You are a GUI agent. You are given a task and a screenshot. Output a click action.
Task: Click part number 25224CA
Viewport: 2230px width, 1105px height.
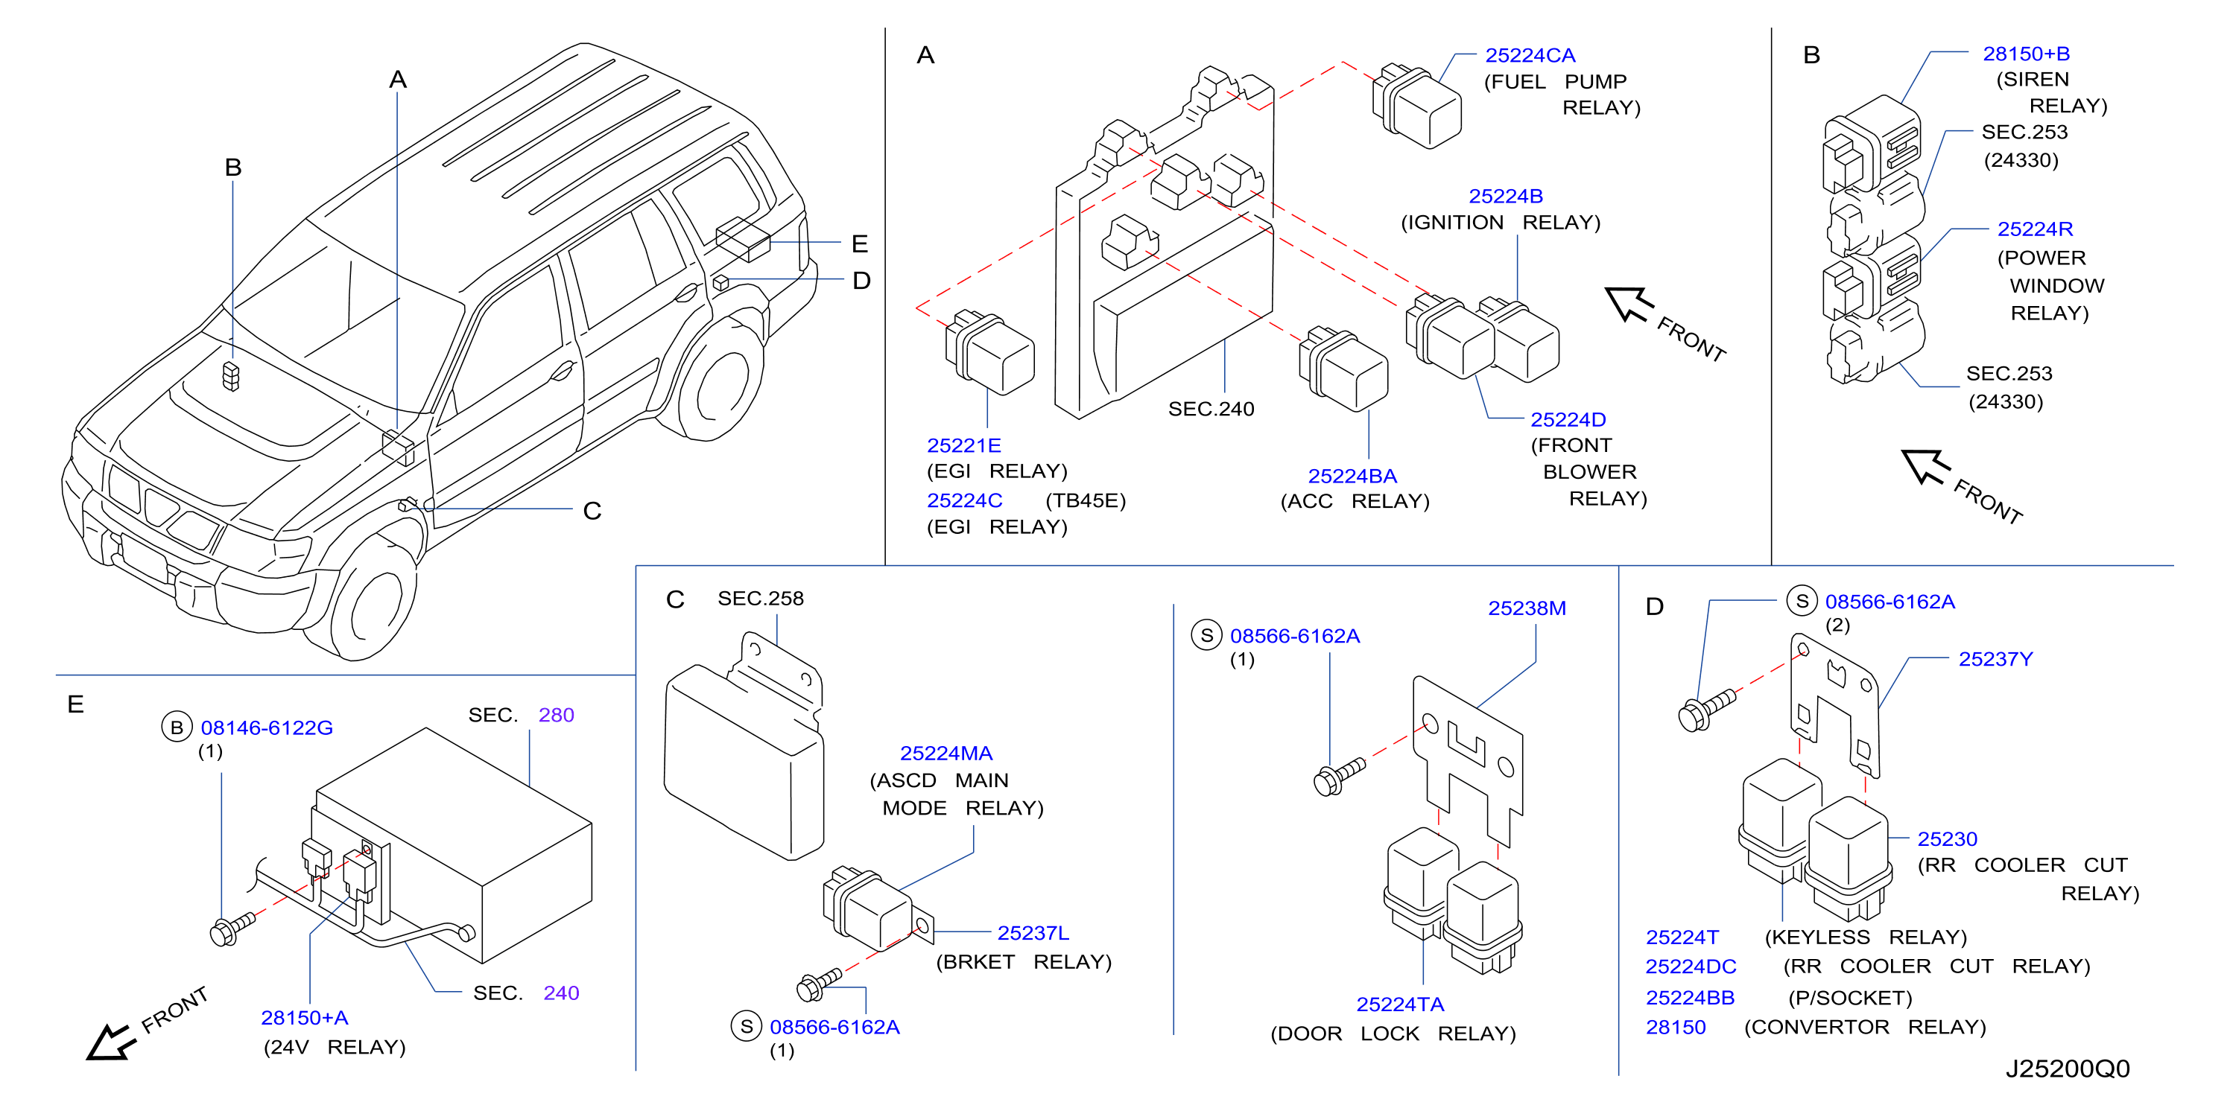pyautogui.click(x=1530, y=55)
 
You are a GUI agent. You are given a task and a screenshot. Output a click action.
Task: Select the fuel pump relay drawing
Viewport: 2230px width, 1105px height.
pyautogui.click(x=1416, y=105)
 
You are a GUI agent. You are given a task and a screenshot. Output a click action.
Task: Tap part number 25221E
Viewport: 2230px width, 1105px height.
pyautogui.click(x=963, y=445)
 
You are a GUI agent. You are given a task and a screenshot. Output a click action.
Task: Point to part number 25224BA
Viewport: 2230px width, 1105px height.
pyautogui.click(x=1352, y=476)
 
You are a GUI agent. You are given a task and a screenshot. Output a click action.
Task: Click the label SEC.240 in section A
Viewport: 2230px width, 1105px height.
pyautogui.click(x=1211, y=409)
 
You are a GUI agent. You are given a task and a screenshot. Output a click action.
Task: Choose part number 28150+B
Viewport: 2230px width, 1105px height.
pyautogui.click(x=2026, y=54)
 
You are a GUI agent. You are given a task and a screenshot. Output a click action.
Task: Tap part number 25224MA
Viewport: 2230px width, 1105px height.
pyautogui.click(x=945, y=754)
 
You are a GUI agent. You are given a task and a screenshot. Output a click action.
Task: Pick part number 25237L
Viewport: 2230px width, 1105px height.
pyautogui.click(x=1033, y=933)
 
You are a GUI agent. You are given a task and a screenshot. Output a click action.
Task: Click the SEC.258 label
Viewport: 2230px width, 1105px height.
pyautogui.click(x=760, y=599)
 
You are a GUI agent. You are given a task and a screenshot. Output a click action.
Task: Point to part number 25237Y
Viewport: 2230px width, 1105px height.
pyautogui.click(x=1995, y=660)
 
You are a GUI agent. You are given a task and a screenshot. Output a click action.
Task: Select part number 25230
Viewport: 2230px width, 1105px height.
pyautogui.click(x=1947, y=839)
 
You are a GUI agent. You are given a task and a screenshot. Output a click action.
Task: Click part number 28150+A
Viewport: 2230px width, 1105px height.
pyautogui.click(x=304, y=1018)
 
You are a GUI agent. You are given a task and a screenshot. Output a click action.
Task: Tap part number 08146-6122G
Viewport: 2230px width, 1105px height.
pyautogui.click(x=267, y=727)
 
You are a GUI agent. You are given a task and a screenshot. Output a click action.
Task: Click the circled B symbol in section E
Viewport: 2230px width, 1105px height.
pyautogui.click(x=177, y=727)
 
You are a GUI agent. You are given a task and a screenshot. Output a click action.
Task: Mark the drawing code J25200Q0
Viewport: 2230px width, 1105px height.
pyautogui.click(x=2068, y=1069)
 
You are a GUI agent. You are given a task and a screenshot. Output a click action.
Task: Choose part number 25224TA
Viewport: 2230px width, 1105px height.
pyautogui.click(x=1400, y=1004)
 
